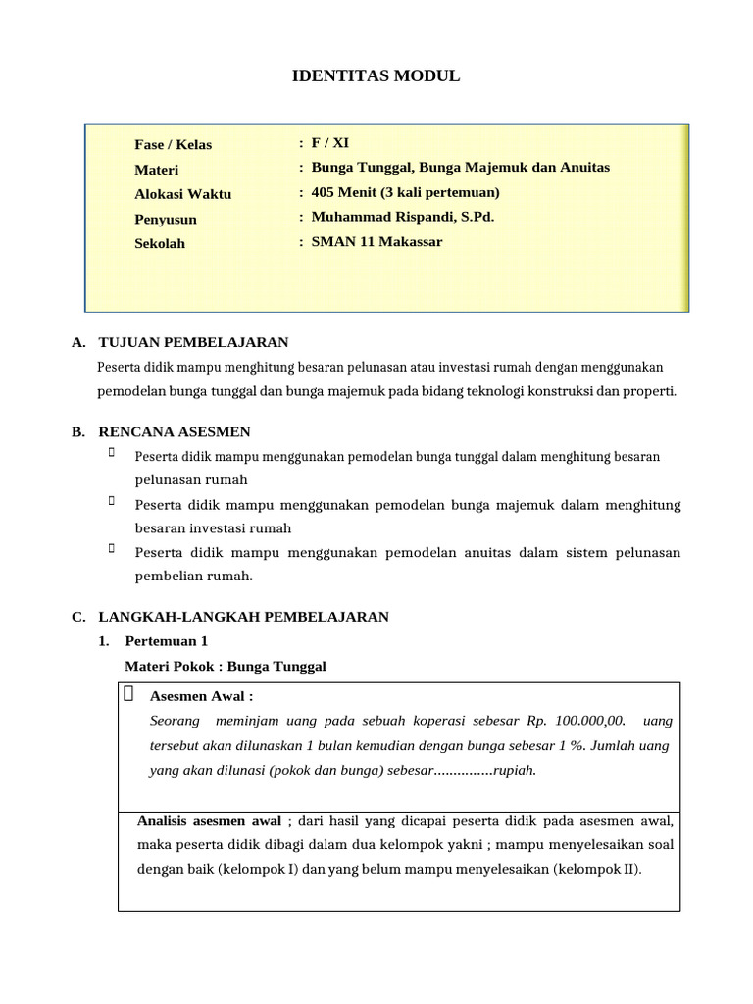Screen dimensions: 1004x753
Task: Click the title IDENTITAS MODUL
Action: point(376,75)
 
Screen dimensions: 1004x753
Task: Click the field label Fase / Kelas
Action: point(173,145)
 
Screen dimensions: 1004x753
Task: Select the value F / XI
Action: point(329,143)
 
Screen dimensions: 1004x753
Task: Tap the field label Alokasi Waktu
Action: point(182,194)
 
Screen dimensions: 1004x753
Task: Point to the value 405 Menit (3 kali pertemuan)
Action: point(405,192)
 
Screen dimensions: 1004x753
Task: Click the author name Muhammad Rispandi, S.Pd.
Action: point(402,217)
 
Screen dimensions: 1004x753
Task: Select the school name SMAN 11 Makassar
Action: point(376,242)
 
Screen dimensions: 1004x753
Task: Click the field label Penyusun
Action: point(165,220)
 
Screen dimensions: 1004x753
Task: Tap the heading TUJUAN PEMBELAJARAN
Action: point(193,342)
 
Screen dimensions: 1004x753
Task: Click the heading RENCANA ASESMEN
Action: point(175,431)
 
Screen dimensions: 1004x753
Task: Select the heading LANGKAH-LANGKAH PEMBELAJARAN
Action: point(243,617)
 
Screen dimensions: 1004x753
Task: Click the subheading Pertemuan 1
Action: point(167,641)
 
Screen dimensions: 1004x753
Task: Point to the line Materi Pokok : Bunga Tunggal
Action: point(226,667)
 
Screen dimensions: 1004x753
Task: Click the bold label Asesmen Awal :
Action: point(201,697)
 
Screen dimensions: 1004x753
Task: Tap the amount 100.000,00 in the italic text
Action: point(588,721)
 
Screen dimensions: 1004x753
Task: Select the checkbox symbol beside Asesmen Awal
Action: point(129,695)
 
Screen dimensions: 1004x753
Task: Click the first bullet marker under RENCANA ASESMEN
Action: point(112,453)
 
